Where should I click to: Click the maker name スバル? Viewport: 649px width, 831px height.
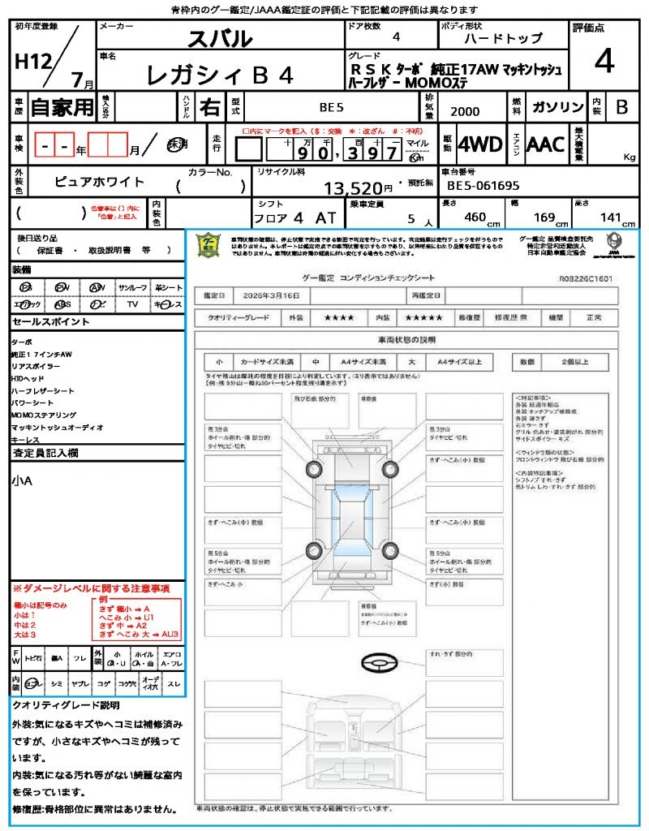(220, 38)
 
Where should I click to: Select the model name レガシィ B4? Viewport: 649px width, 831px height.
(219, 75)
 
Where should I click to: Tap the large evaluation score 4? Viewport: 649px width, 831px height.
(604, 62)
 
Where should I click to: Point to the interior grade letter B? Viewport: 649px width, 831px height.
(621, 106)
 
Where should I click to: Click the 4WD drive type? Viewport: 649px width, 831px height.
(479, 144)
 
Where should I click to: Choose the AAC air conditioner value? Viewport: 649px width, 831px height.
(545, 144)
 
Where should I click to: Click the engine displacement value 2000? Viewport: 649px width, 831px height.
(464, 112)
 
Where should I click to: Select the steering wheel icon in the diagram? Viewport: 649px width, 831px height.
(380, 664)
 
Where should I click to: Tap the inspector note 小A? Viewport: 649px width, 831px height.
(22, 481)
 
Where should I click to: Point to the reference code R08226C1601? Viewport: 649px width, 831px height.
(586, 278)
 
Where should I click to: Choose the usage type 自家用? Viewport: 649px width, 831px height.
(62, 106)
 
